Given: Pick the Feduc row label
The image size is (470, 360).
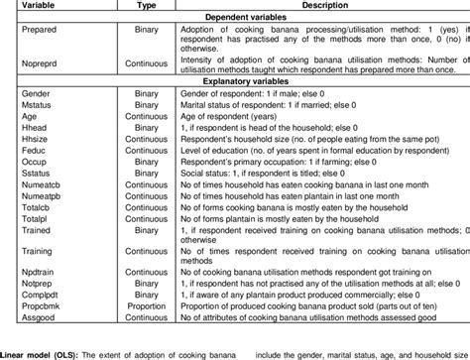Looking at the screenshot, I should click(x=21, y=168).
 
